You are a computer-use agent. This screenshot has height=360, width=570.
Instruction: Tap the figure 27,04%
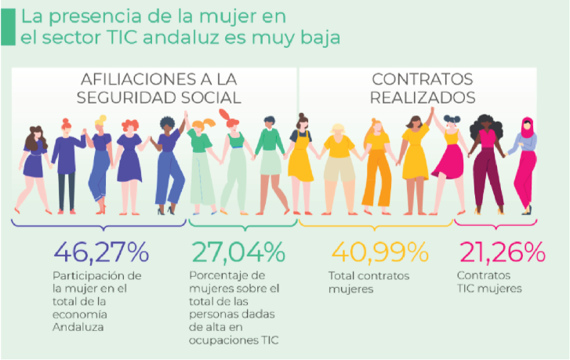point(238,253)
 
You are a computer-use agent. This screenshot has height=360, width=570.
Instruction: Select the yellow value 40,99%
point(380,253)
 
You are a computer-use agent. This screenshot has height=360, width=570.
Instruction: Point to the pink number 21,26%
point(500,253)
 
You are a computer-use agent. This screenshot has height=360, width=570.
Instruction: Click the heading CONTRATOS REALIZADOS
point(423,89)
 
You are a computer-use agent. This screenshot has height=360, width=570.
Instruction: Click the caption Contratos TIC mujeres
point(489,282)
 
